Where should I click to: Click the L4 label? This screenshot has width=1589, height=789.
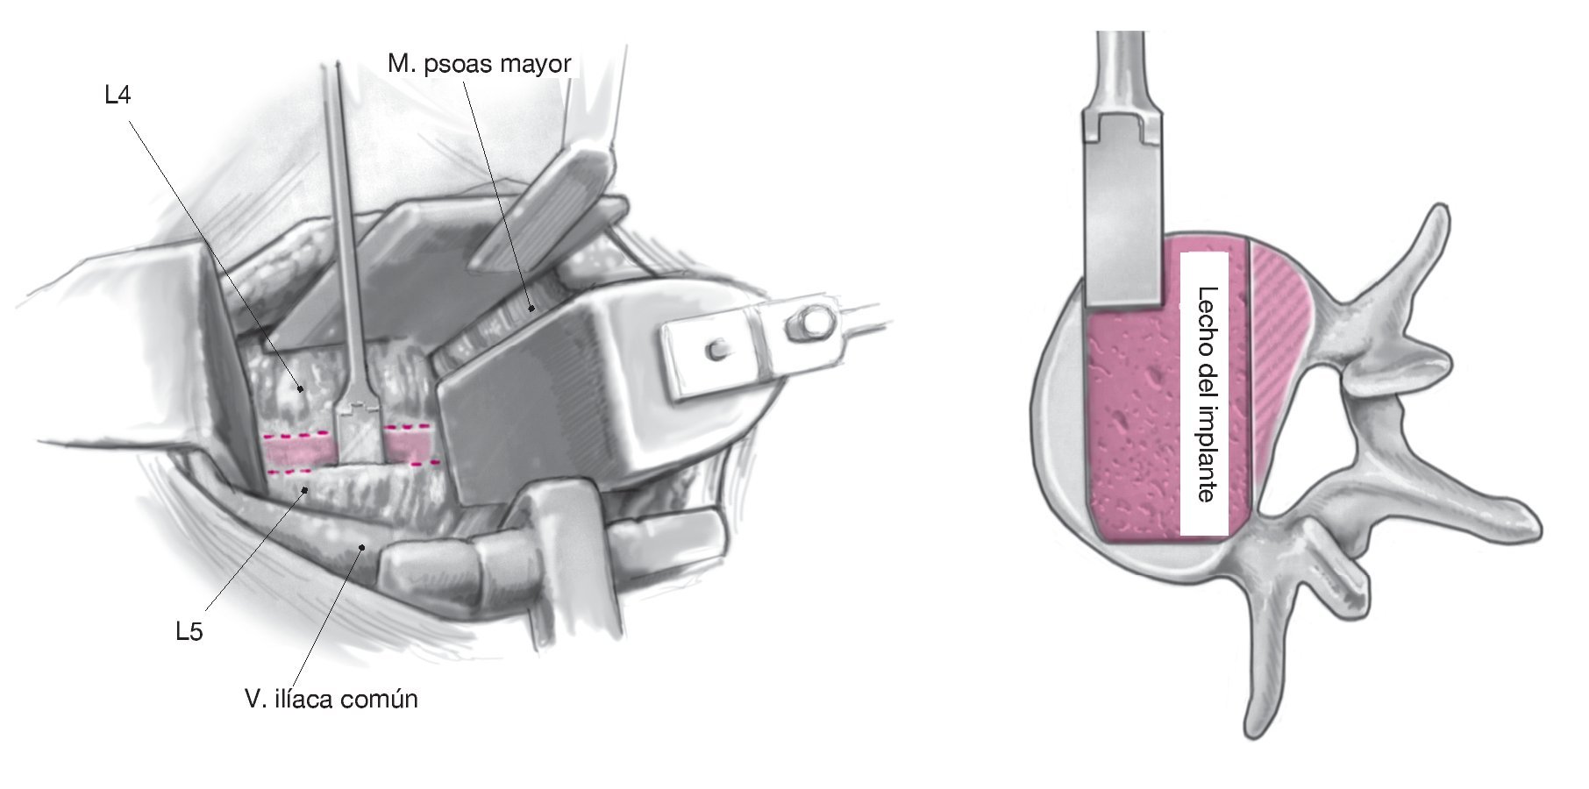click(118, 95)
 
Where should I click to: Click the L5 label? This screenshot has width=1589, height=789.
click(189, 631)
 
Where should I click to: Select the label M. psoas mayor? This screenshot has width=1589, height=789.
click(479, 64)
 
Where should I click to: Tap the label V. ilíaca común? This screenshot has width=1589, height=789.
click(331, 700)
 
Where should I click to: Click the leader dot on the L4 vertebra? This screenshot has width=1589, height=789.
click(301, 387)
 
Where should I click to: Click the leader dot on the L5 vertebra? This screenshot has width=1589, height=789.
click(305, 489)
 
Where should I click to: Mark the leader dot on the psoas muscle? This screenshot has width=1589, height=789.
click(531, 307)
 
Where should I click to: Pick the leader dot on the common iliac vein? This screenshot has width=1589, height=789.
click(360, 548)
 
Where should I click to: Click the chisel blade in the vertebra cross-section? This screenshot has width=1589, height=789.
click(1123, 219)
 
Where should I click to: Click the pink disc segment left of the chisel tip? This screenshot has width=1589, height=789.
click(301, 450)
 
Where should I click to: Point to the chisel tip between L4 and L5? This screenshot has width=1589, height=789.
click(358, 434)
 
